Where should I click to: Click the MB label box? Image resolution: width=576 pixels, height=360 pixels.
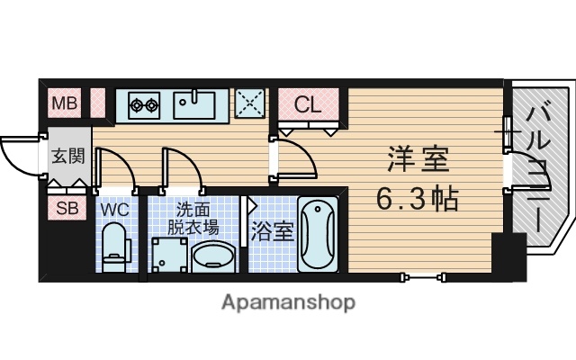tap(65, 103)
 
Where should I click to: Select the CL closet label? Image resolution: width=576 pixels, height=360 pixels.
tap(308, 103)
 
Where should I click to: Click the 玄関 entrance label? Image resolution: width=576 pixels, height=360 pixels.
tap(67, 155)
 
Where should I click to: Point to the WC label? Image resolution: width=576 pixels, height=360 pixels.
tap(114, 210)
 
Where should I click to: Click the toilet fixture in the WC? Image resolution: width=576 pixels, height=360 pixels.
tap(114, 246)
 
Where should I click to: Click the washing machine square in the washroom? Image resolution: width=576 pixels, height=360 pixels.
tap(171, 254)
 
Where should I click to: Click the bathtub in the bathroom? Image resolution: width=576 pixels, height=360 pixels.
tap(317, 234)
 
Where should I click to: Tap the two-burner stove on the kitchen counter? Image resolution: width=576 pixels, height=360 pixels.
tap(144, 104)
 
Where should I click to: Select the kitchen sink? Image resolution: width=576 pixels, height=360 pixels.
tap(193, 104)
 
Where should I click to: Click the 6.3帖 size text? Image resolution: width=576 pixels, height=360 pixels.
tap(417, 197)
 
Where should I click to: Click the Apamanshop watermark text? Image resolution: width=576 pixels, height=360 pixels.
tap(287, 301)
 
